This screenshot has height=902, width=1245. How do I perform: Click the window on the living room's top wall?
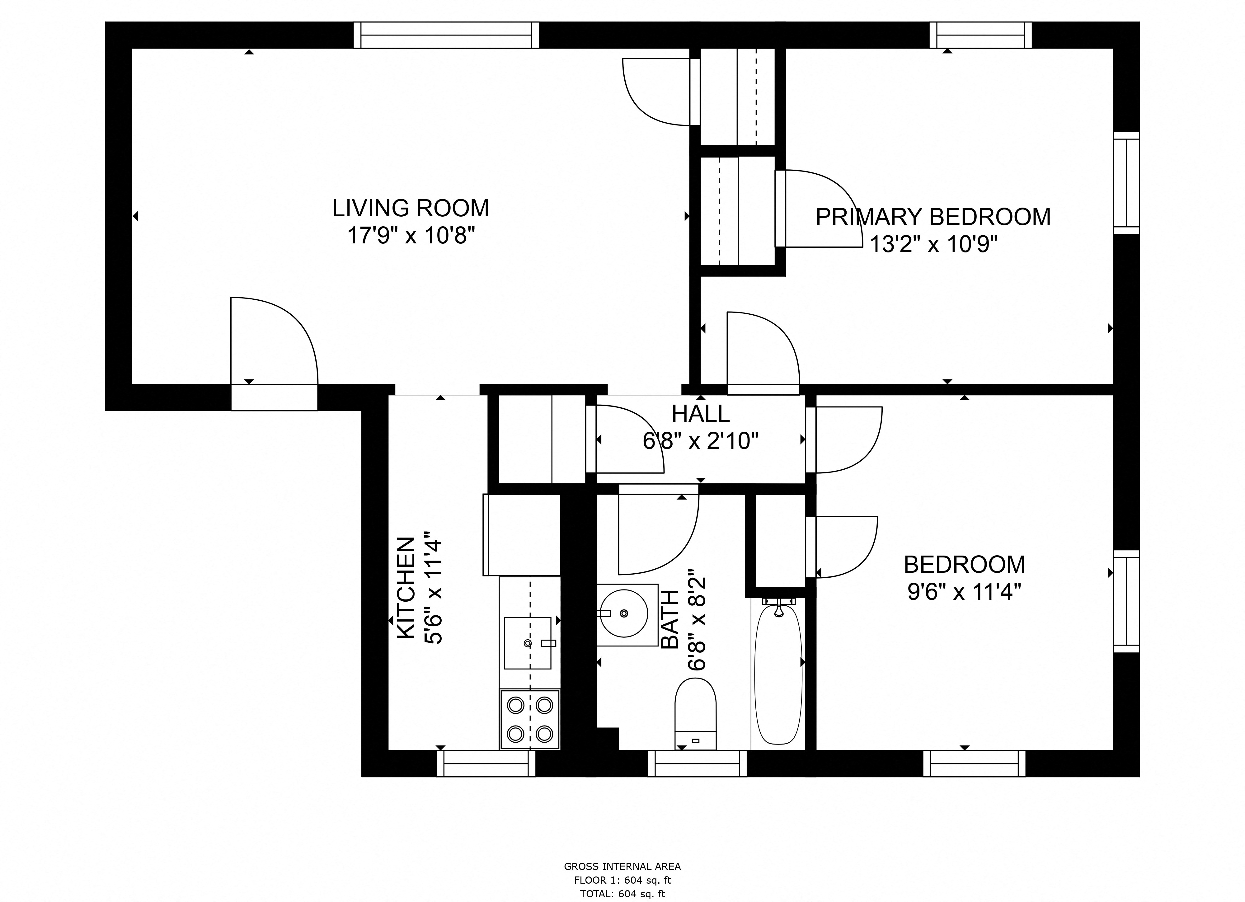pos(446,35)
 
